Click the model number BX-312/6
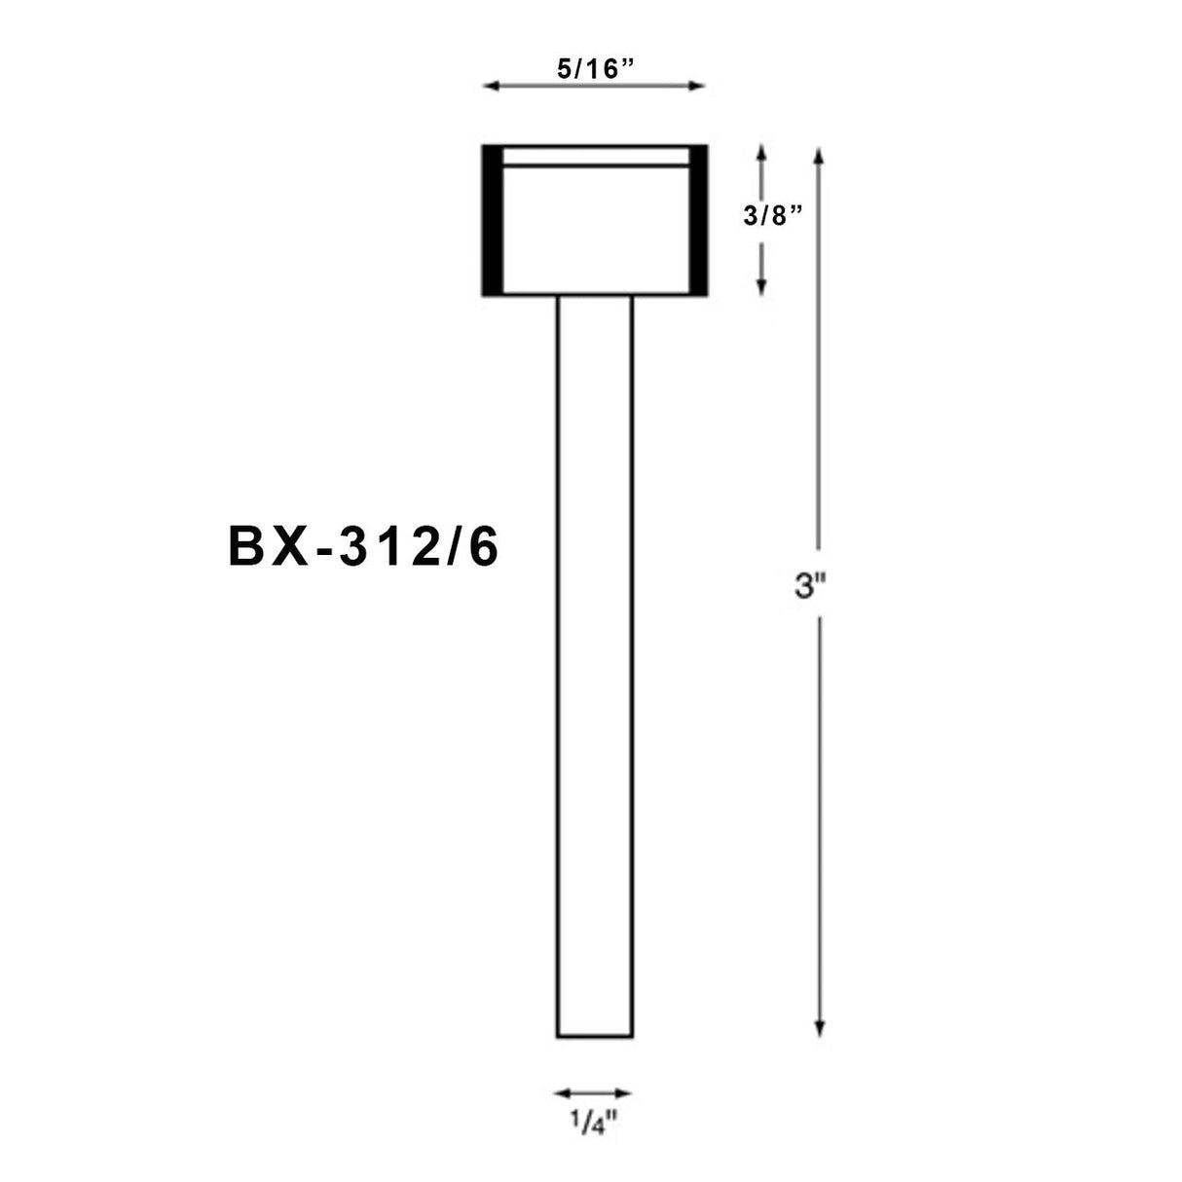click(x=363, y=548)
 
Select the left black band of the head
click(x=492, y=220)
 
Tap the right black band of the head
click(x=698, y=220)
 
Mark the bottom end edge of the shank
click(x=594, y=1037)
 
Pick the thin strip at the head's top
click(x=594, y=157)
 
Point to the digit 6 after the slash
click(x=484, y=548)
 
